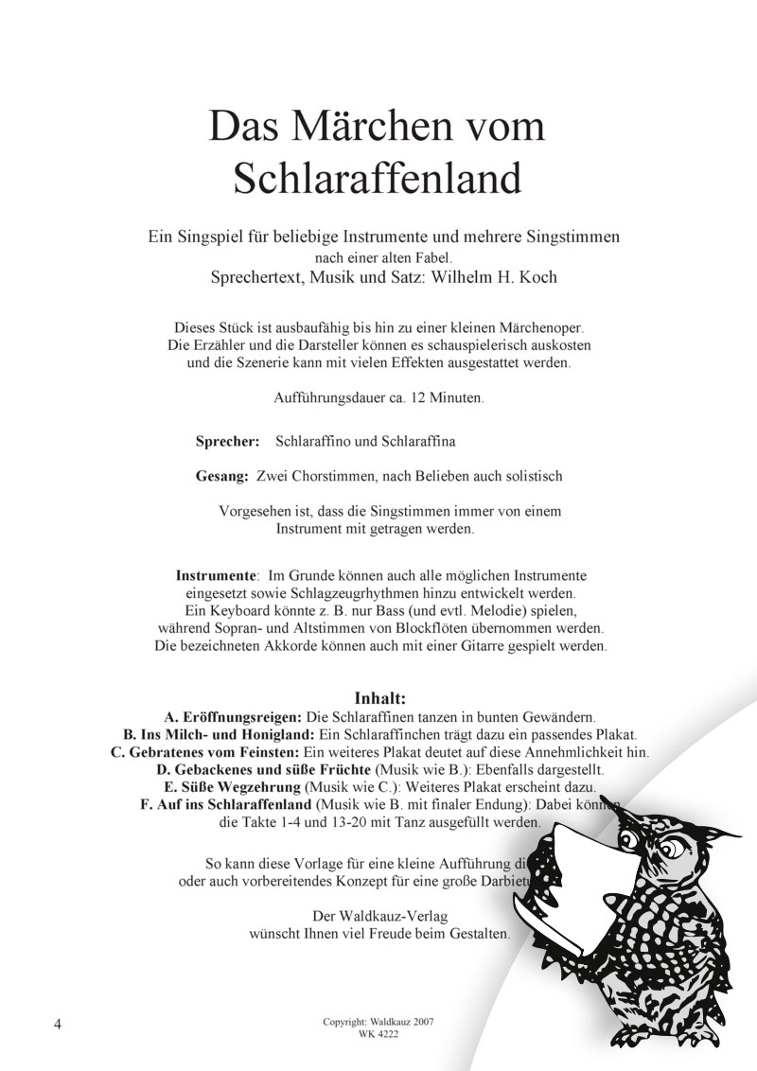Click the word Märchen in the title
378,127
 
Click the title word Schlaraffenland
378,177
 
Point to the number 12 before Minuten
418,398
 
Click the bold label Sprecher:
227,441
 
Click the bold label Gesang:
223,476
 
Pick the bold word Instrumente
217,574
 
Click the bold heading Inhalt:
379,699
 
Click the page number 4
60,1025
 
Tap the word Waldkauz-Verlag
400,915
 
